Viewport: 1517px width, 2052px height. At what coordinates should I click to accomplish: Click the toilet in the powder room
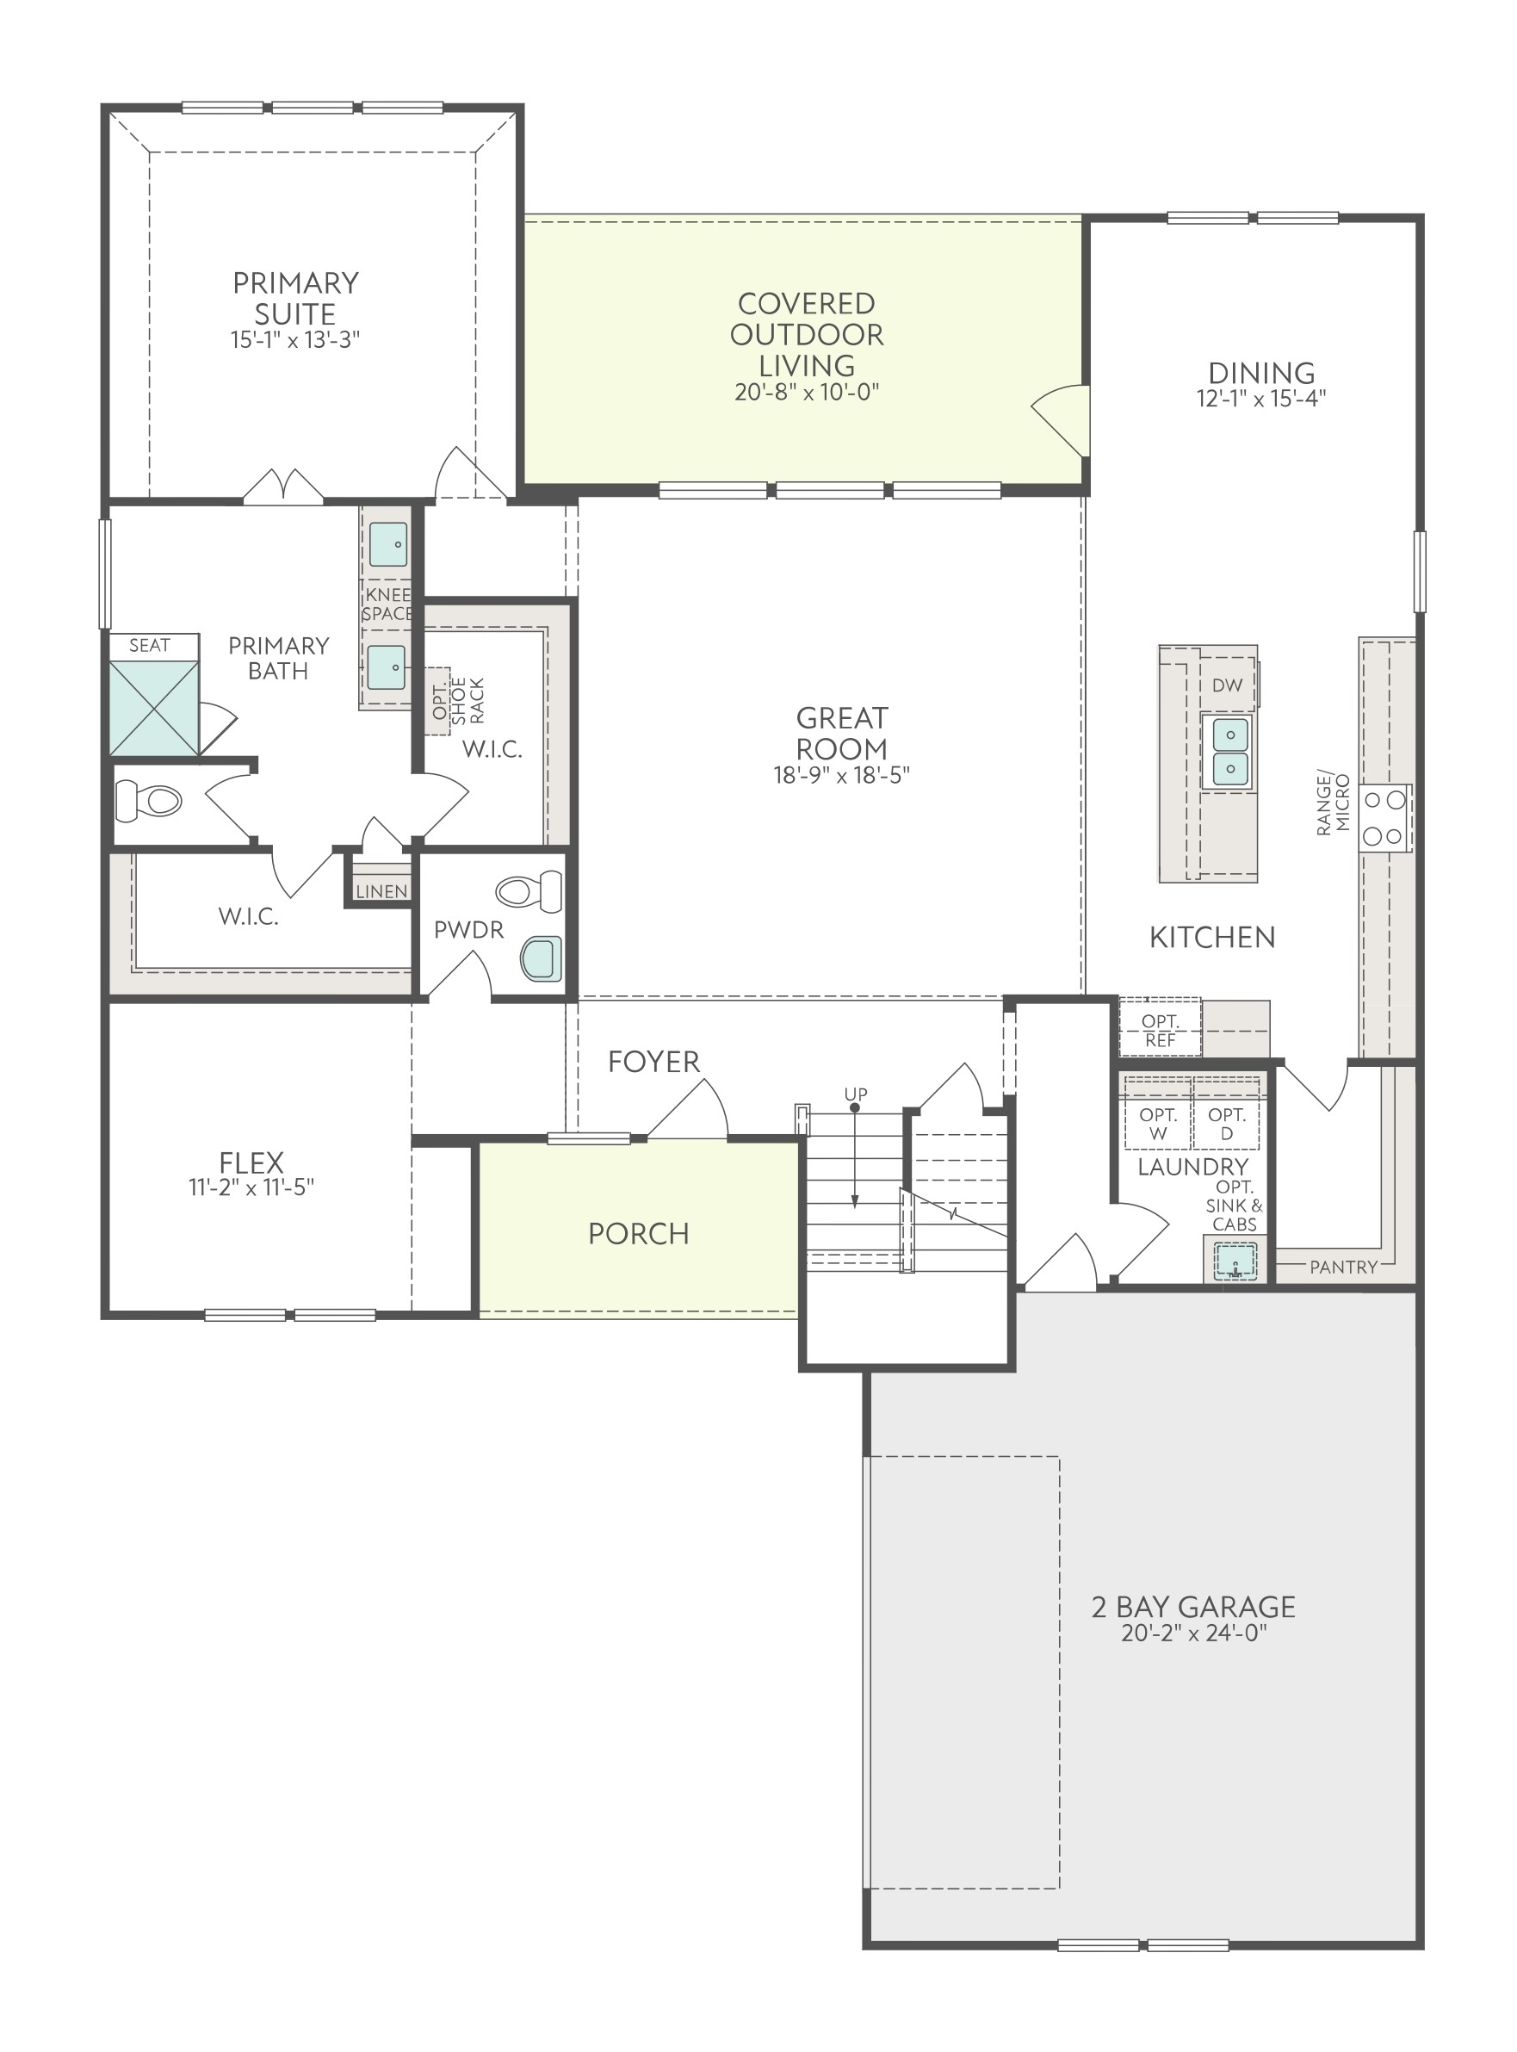tap(529, 890)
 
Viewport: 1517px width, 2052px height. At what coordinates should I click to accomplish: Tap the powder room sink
tap(541, 959)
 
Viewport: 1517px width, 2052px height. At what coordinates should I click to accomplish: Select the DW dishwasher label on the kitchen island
tap(1227, 685)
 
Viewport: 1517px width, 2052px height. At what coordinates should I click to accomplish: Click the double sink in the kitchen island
tap(1229, 752)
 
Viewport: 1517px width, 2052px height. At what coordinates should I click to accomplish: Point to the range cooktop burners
tap(1384, 817)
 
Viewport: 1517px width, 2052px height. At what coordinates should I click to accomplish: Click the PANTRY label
tap(1343, 1268)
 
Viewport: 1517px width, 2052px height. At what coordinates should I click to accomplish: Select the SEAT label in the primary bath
tap(150, 646)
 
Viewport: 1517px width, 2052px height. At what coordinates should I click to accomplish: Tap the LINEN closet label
tap(382, 891)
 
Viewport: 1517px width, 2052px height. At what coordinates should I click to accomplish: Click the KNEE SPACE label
tap(387, 604)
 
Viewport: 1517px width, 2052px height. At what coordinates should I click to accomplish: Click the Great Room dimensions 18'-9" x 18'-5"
tap(841, 775)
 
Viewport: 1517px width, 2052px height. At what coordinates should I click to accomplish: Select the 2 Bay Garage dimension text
tap(1194, 1634)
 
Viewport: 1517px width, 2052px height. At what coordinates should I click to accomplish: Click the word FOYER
tap(653, 1062)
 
